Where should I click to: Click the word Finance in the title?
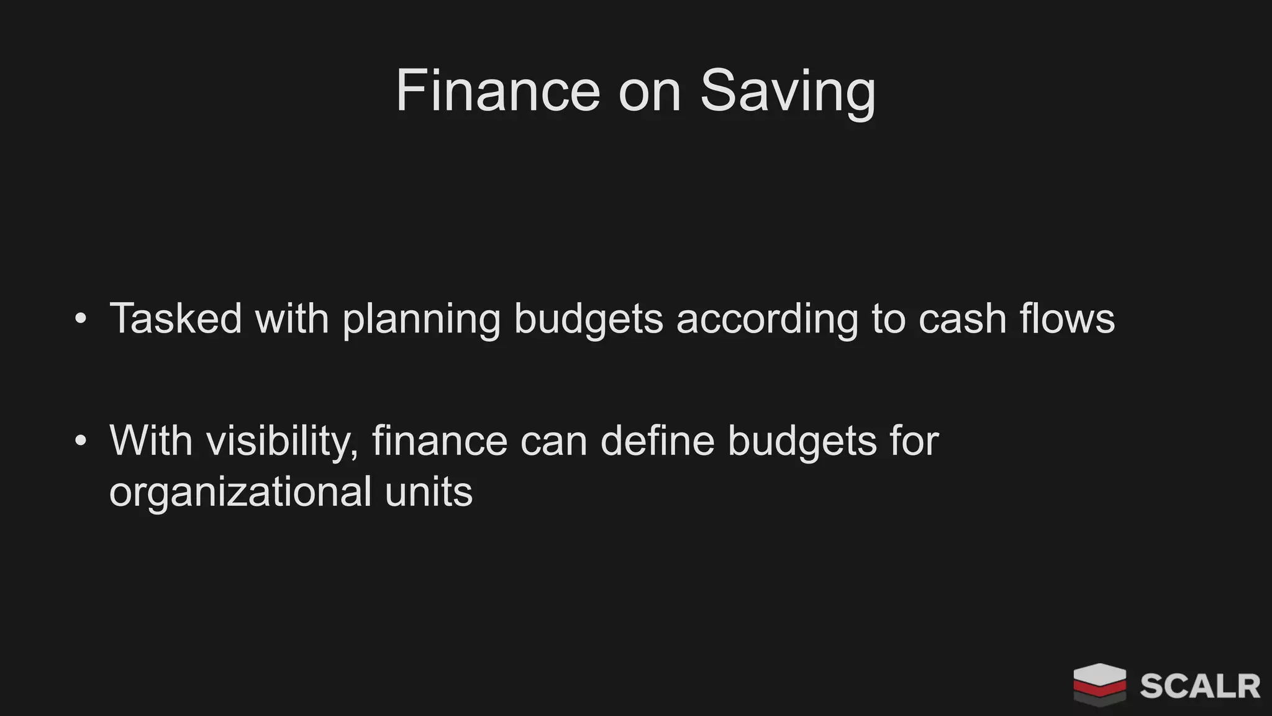(x=497, y=91)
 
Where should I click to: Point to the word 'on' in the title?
(x=650, y=92)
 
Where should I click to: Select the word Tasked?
(x=176, y=318)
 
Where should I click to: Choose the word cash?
(x=962, y=318)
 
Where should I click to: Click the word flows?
(x=1067, y=318)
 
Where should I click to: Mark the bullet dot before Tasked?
(x=80, y=319)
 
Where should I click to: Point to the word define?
(x=657, y=440)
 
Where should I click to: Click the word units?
(x=429, y=491)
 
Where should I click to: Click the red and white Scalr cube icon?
(x=1099, y=684)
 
